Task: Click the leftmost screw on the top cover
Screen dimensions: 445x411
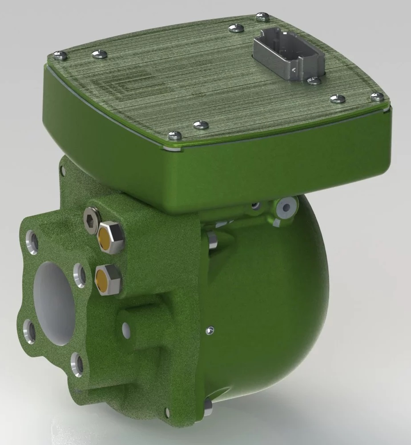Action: click(59, 55)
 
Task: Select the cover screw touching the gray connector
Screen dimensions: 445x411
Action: click(314, 81)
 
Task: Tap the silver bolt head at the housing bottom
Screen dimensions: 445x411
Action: click(207, 405)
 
